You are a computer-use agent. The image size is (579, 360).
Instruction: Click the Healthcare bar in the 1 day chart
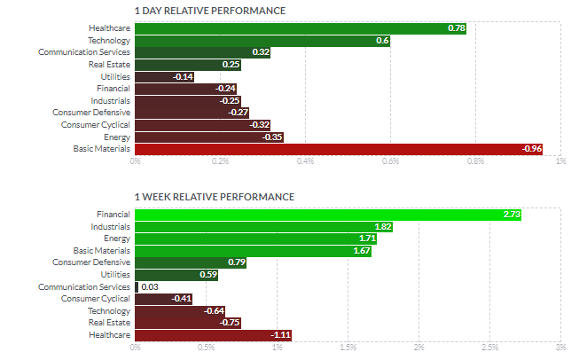[x=300, y=28]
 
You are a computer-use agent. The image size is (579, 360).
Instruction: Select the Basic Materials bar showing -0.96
[x=339, y=148]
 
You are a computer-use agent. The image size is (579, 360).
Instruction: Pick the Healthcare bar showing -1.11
[x=213, y=334]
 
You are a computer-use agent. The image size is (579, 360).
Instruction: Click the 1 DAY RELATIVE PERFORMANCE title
[x=209, y=11]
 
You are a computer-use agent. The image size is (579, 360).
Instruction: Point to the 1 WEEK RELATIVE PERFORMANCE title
[x=214, y=197]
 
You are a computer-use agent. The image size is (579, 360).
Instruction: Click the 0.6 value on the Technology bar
[x=383, y=41]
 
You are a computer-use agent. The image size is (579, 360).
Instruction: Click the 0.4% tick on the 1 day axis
[x=306, y=161]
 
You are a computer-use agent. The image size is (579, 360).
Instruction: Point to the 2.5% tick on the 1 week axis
[x=489, y=348]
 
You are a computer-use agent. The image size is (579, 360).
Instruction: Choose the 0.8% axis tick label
[x=475, y=161]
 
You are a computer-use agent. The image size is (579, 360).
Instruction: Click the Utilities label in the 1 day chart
[x=115, y=76]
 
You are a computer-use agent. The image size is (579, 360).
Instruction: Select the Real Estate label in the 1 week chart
[x=110, y=323]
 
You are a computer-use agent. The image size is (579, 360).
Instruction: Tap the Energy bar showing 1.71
[x=256, y=239]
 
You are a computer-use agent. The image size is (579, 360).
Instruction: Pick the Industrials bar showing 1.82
[x=263, y=226]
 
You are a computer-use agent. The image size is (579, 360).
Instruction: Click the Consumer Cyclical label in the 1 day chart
[x=97, y=124]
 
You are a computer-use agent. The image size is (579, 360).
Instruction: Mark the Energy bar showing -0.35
[x=208, y=137]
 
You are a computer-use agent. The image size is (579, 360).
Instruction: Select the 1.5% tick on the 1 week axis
[x=348, y=348]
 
